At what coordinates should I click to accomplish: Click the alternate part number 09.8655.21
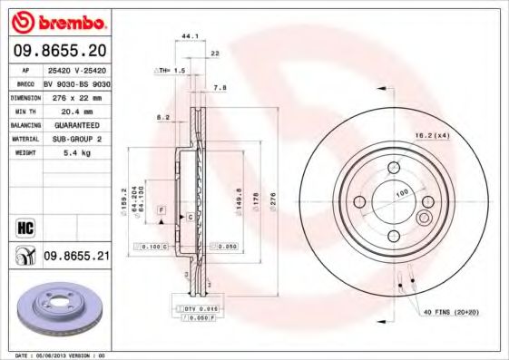tap(76, 258)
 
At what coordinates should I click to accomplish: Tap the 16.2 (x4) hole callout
tap(432, 135)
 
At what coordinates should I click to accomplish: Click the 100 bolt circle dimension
tap(401, 193)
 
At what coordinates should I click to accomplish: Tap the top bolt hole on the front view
tap(395, 167)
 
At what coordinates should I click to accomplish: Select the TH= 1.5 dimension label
tap(172, 70)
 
